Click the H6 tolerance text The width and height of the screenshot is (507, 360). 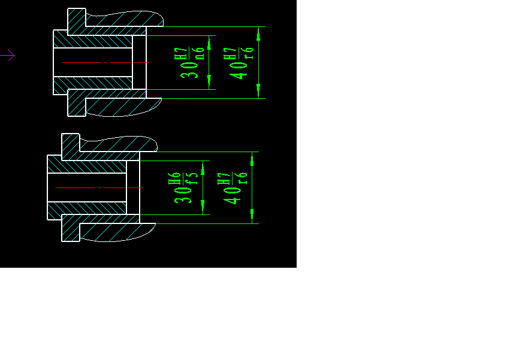pyautogui.click(x=174, y=178)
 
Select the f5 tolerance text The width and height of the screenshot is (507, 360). pyautogui.click(x=194, y=178)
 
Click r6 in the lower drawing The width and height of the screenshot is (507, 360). pyautogui.click(x=243, y=178)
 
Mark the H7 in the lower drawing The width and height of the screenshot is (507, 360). pyautogui.click(x=223, y=178)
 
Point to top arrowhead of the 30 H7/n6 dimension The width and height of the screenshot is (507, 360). pyautogui.click(x=210, y=40)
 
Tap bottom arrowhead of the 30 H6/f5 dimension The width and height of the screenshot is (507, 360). pyautogui.click(x=203, y=209)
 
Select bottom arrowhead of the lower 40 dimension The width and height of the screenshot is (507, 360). pyautogui.click(x=252, y=219)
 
